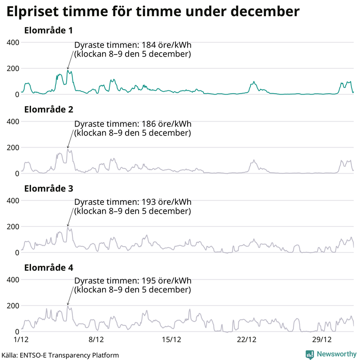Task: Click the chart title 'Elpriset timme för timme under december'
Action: (152, 12)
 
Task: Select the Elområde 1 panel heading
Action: (48, 31)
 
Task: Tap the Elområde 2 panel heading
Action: (48, 109)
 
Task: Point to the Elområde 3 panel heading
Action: (48, 189)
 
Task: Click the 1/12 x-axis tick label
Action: (21, 339)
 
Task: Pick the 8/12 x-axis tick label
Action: (96, 339)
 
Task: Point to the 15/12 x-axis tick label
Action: (171, 339)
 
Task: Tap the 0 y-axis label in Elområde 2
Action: (16, 174)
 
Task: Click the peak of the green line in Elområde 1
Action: (67, 70)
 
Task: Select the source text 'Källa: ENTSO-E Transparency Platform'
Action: (60, 355)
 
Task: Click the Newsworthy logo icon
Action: (310, 354)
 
